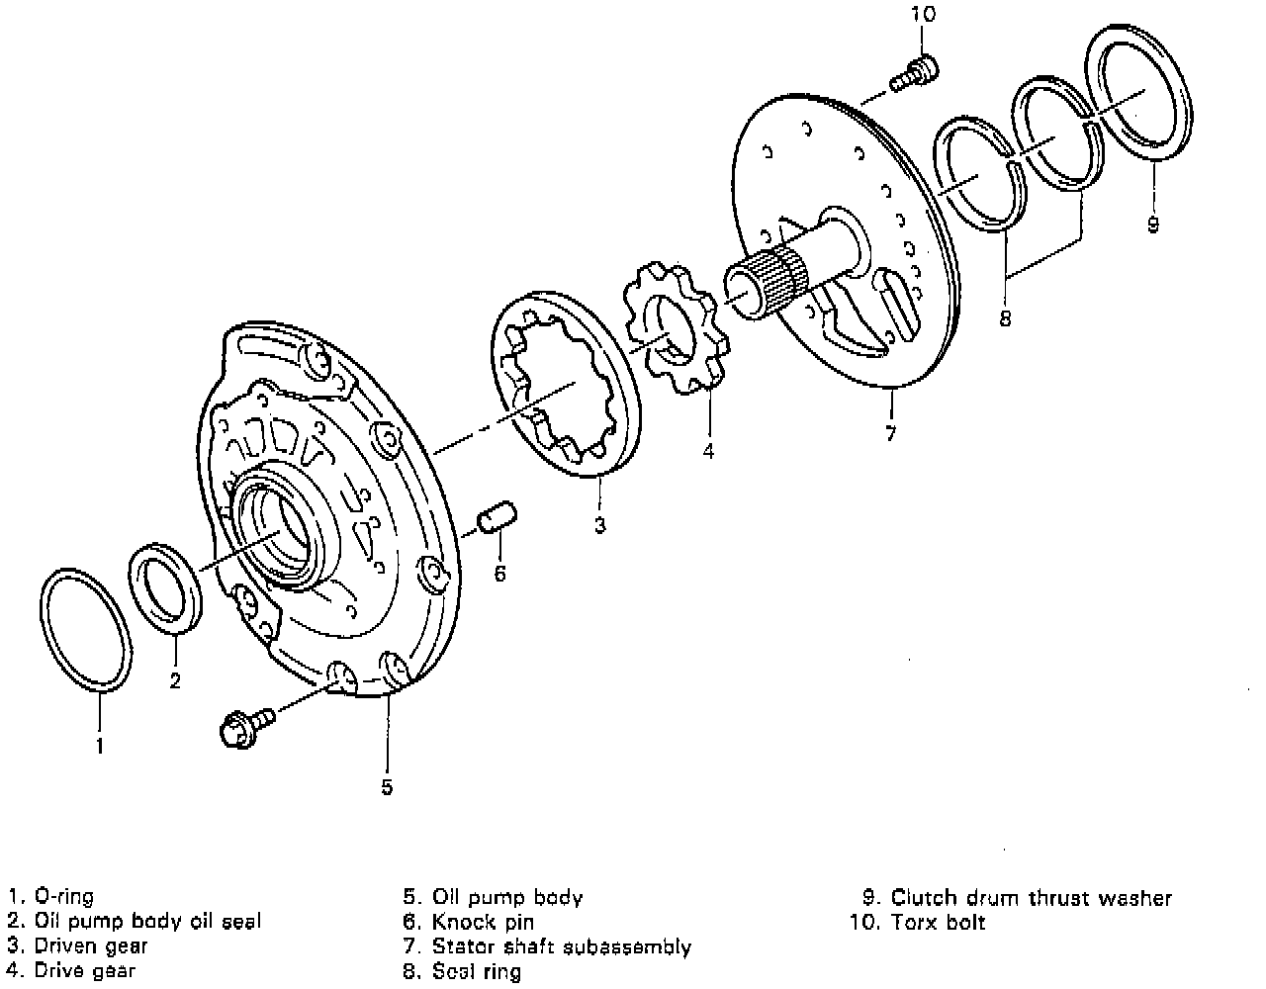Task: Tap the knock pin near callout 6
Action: pos(497,518)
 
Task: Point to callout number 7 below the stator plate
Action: pos(890,433)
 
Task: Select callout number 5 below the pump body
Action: pos(387,786)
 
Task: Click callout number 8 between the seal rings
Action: pos(1005,318)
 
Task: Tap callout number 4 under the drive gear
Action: pos(708,452)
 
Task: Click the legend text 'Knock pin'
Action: pos(483,922)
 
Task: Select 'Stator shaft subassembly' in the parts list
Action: pos(561,946)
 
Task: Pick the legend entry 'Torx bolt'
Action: pos(938,922)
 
